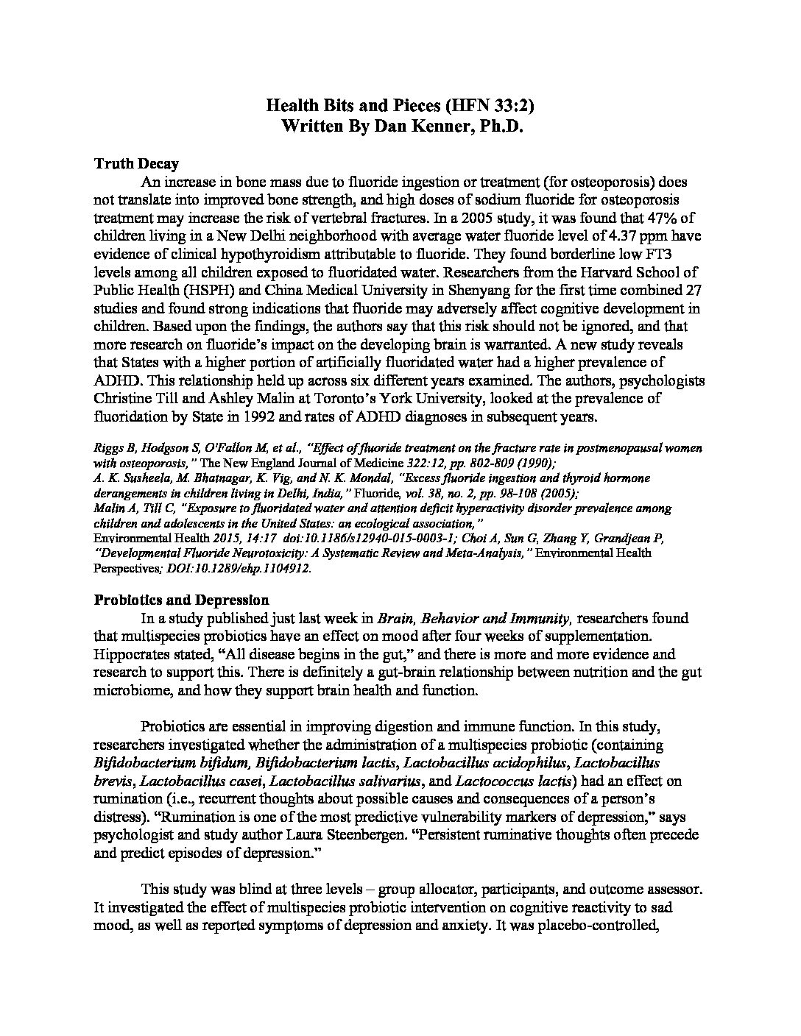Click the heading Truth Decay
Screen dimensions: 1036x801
click(136, 163)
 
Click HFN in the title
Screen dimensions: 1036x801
click(455, 105)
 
